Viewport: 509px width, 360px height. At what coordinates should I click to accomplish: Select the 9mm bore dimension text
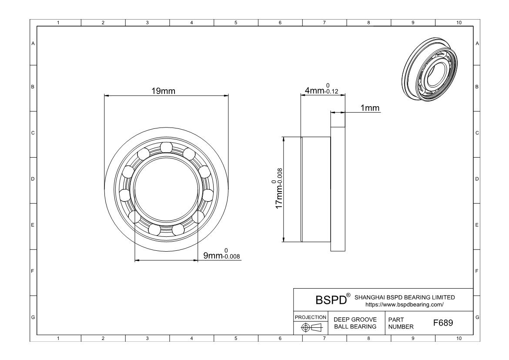click(221, 255)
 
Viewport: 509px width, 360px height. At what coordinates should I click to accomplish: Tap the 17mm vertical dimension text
click(278, 188)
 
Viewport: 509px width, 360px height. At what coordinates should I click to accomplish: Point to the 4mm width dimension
click(321, 90)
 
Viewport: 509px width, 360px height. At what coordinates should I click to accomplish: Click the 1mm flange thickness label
click(370, 108)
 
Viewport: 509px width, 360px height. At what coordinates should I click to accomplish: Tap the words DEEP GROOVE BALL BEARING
click(355, 323)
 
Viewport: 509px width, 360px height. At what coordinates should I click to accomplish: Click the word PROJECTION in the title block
click(311, 317)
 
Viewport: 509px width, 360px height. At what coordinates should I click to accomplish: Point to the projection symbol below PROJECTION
click(311, 327)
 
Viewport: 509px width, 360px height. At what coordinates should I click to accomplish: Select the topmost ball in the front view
click(166, 148)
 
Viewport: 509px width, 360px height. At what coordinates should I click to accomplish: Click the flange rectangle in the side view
click(338, 188)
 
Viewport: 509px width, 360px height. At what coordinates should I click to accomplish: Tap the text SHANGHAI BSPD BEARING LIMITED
click(405, 297)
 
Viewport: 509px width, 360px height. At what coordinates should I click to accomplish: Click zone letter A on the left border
click(33, 44)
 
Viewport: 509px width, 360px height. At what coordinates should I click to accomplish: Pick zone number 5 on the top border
click(236, 23)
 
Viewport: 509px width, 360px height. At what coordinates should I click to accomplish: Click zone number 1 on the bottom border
click(59, 338)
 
